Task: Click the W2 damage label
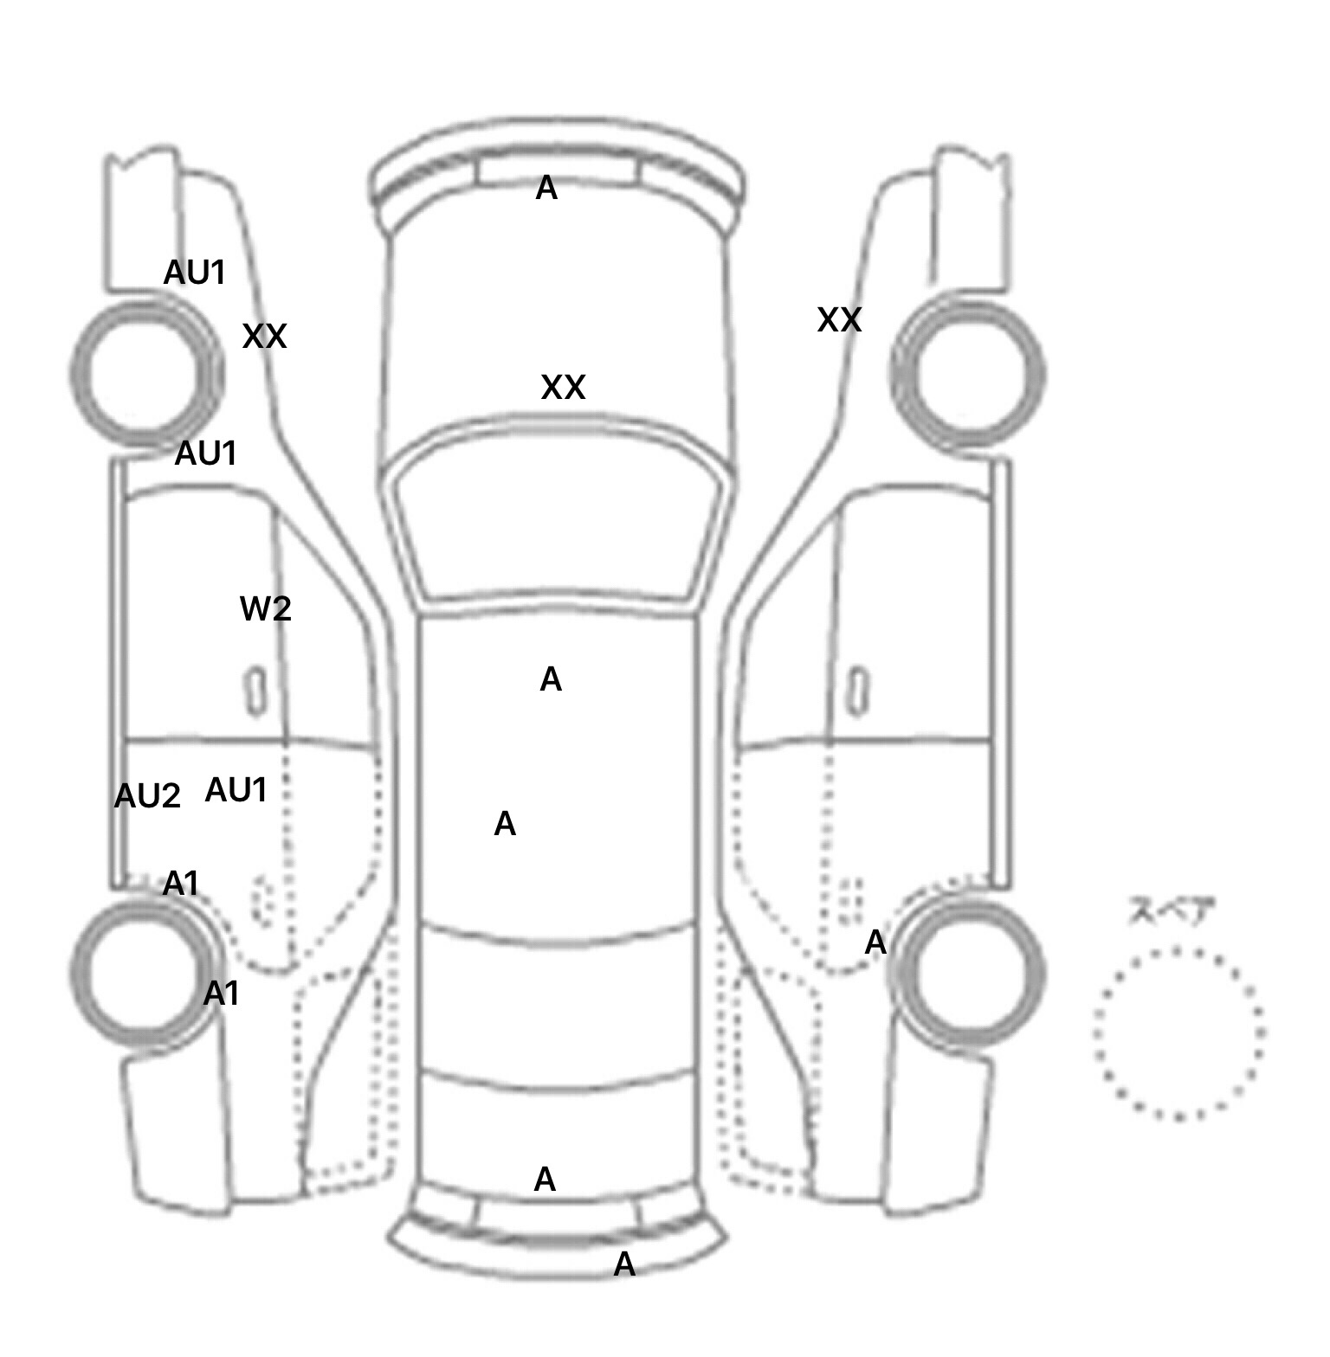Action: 265,609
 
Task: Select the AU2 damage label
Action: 147,796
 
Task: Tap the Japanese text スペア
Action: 1172,912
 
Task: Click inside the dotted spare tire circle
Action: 1178,1033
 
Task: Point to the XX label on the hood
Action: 563,387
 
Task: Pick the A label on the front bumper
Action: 546,188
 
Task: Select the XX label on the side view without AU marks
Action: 839,320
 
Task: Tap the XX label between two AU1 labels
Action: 264,336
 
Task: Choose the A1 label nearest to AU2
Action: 181,884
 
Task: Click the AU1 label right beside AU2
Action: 236,790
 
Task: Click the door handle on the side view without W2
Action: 857,691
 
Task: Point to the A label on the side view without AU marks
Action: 875,942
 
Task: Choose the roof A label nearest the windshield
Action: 551,679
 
